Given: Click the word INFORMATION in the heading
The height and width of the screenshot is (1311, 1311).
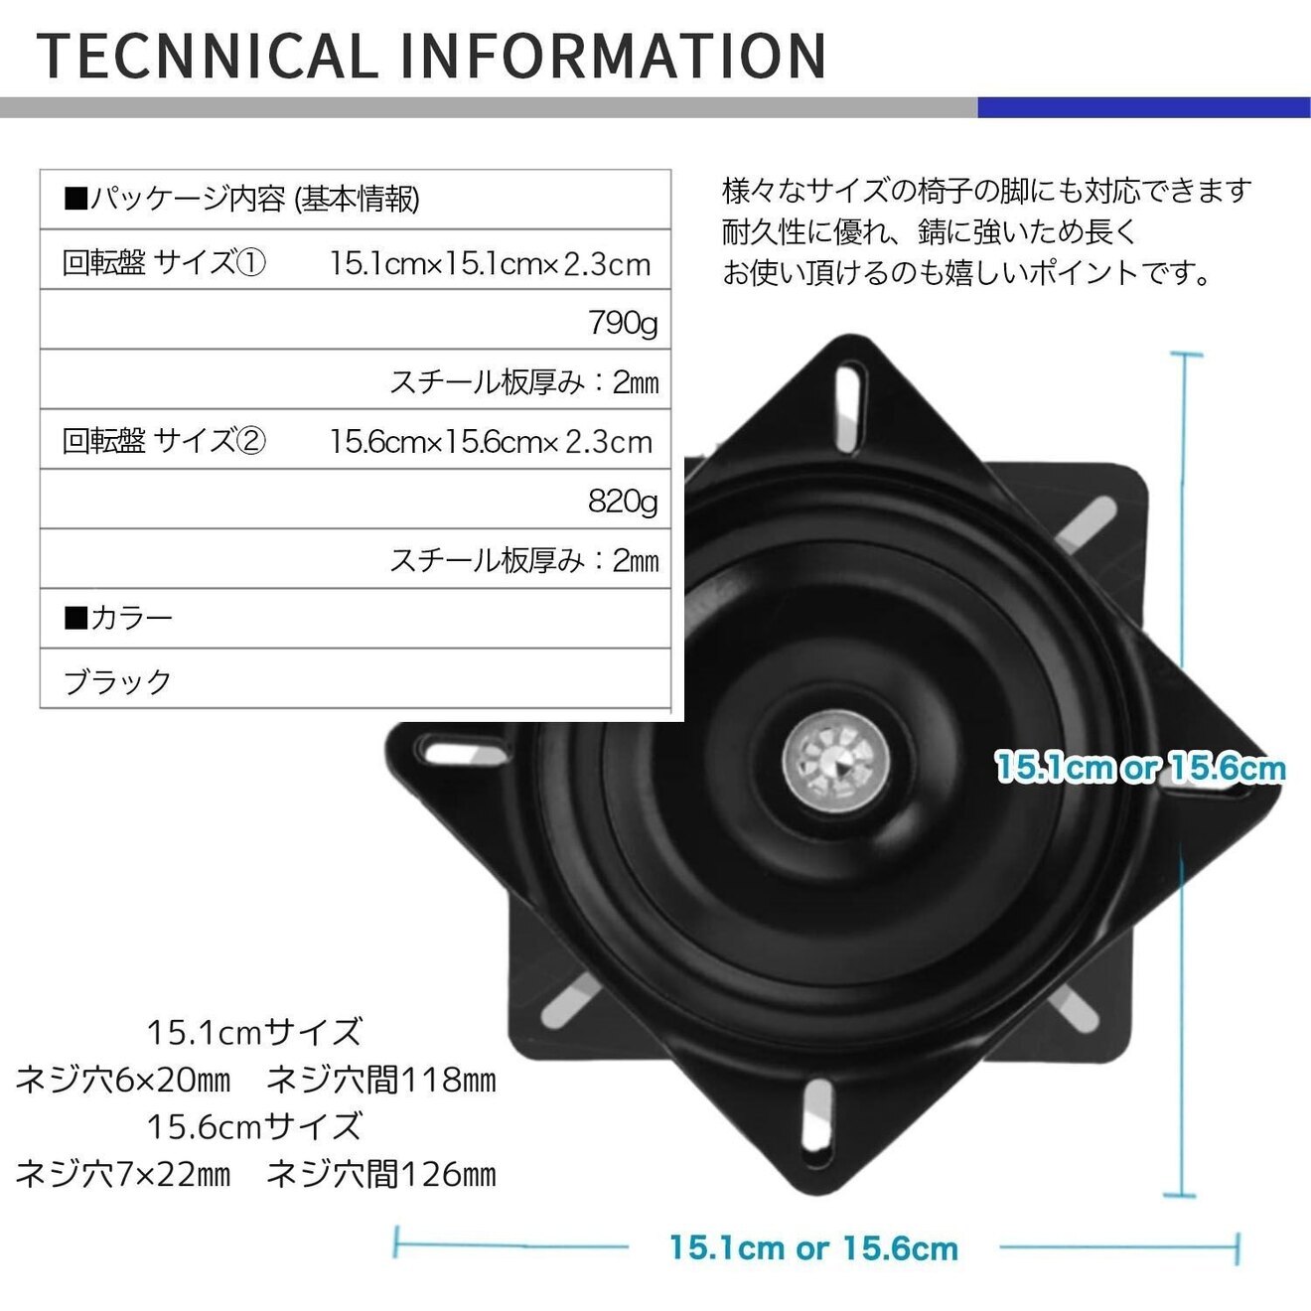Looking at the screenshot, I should pos(614,56).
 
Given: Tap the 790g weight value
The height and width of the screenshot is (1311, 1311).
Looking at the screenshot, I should pos(622,323).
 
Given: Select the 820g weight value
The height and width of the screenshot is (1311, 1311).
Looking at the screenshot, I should pos(622,502).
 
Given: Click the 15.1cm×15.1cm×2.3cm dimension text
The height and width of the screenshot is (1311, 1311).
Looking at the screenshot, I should pos(490,264).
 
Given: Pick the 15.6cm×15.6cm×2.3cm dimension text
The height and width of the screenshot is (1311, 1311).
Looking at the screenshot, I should pos(490,442).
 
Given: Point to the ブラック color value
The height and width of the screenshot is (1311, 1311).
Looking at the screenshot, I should pos(117,681).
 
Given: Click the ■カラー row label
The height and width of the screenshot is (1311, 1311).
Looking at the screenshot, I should pos(117,619).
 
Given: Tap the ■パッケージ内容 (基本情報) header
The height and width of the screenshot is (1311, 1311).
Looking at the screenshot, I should pos(241,200).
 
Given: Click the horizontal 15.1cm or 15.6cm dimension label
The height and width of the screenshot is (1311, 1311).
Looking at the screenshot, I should pos(813,1247).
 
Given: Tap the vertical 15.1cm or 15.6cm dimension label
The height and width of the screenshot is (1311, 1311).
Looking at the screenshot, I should pos(1139,768).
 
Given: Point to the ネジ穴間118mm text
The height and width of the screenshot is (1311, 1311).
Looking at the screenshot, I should pos(381,1080).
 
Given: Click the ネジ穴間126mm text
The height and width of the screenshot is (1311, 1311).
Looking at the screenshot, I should pos(381,1175).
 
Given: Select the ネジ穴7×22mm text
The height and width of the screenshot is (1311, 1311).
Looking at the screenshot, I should pos(123,1175).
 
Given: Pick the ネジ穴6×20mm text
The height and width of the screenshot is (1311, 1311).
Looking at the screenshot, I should pos(123,1080).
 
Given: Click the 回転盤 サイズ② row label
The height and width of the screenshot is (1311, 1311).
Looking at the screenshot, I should pos(164,441).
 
